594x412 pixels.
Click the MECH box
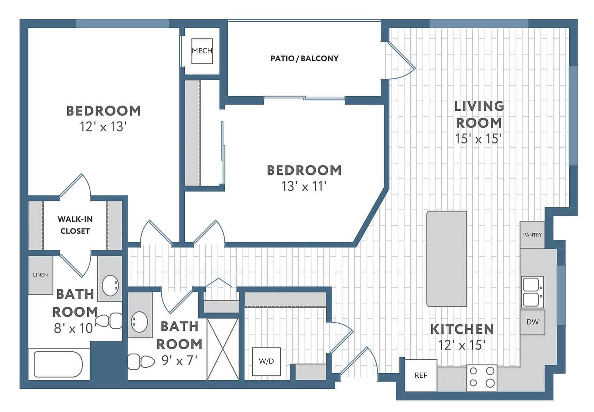click(202, 51)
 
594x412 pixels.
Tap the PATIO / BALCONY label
click(304, 58)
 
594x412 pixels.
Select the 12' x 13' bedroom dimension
click(103, 127)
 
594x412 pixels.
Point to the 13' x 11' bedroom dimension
click(304, 186)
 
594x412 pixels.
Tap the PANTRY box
click(532, 235)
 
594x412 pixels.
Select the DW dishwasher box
click(532, 322)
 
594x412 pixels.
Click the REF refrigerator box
click(421, 375)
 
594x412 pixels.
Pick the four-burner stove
click(482, 377)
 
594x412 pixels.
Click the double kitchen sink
click(532, 292)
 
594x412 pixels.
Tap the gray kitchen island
click(447, 259)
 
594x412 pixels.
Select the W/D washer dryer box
click(266, 361)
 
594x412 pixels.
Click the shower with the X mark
click(223, 349)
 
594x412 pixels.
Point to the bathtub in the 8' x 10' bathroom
click(58, 364)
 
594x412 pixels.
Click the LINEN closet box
click(40, 275)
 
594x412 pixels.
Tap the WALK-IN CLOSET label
click(75, 225)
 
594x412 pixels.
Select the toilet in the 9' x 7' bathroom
click(141, 361)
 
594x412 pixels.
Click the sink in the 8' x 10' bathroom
click(110, 285)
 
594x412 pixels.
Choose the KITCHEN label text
click(462, 329)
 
